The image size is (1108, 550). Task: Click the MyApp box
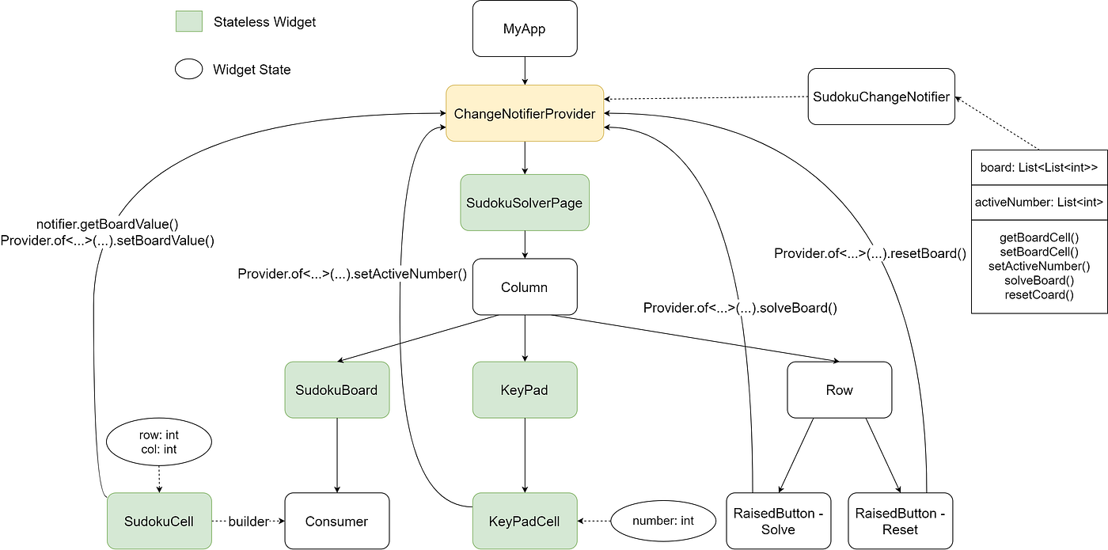tap(525, 29)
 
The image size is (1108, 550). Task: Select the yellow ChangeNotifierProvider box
tap(525, 114)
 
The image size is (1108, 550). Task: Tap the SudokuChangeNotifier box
tap(881, 97)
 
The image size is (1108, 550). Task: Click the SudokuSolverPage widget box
tap(525, 203)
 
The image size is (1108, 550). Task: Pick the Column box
tap(525, 286)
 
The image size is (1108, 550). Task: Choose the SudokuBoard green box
tap(337, 390)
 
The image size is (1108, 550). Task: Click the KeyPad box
tap(525, 390)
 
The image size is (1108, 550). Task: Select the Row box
tap(839, 390)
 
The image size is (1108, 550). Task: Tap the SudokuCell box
tap(159, 521)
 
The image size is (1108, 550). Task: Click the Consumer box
tap(337, 521)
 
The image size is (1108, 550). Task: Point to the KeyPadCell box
tap(525, 521)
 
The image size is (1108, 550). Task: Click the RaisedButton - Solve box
tap(779, 521)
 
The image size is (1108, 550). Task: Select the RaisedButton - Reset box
tap(900, 521)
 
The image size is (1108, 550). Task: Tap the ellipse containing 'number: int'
tap(663, 521)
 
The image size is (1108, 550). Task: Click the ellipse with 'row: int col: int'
tap(159, 442)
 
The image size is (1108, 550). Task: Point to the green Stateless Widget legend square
tap(188, 21)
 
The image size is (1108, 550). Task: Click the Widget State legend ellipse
tap(188, 70)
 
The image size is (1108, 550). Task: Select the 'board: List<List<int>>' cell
tap(1039, 167)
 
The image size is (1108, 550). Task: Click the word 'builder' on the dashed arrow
tap(249, 521)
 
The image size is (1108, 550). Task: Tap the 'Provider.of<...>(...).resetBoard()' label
tap(870, 254)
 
